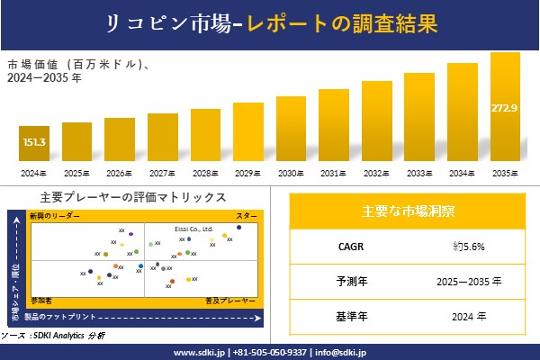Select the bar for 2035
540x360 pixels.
point(505,108)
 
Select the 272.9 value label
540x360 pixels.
point(505,109)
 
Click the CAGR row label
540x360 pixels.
point(346,245)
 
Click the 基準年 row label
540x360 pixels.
point(346,317)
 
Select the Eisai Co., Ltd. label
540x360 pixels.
point(193,229)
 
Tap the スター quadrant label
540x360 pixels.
point(247,217)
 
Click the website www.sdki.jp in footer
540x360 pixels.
point(199,352)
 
